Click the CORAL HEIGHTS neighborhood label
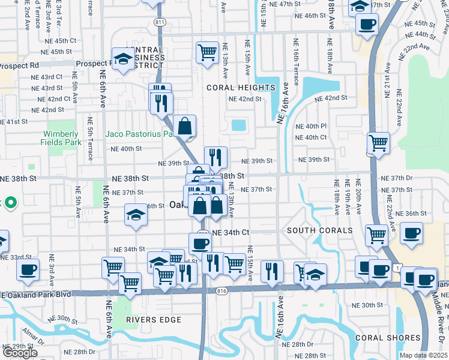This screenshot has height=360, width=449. (241, 88)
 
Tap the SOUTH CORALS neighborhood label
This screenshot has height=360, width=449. (319, 231)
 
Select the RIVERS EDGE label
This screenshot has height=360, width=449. (154, 320)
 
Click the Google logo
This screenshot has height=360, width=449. (19, 353)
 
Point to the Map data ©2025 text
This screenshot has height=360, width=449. (423, 355)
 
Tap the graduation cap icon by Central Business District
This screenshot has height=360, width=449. (124, 59)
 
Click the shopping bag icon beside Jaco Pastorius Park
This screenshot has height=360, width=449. (186, 127)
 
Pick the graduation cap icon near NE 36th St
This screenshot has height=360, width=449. (136, 215)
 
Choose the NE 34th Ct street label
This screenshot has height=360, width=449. (231, 232)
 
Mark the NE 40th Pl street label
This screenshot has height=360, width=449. (311, 127)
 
